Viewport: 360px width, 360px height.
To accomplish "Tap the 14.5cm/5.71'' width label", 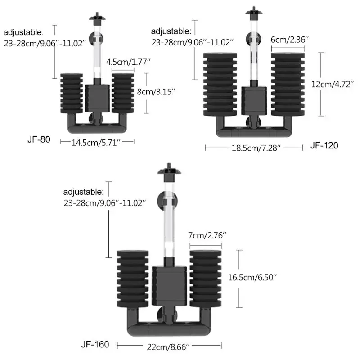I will point(96,143).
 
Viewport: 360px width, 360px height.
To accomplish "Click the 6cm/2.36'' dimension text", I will point(288,40).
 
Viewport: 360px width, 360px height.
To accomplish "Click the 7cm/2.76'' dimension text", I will point(207,235).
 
